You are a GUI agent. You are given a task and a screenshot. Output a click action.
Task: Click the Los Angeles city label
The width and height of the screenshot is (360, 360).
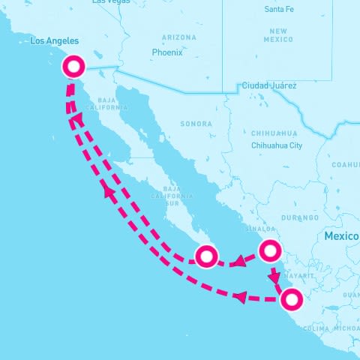pyautogui.click(x=53, y=42)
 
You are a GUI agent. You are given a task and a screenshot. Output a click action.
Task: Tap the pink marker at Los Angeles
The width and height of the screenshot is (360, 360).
pyautogui.click(x=73, y=67)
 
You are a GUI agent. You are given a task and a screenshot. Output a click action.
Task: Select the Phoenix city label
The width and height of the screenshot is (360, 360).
pyautogui.click(x=166, y=52)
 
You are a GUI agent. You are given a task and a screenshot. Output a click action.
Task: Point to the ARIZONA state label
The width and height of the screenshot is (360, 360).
pyautogui.click(x=178, y=37)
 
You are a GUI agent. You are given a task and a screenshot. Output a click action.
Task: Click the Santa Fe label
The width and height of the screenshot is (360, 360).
pyautogui.click(x=280, y=9)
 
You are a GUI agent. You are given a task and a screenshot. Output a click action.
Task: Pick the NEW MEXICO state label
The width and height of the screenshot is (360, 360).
pyautogui.click(x=277, y=34)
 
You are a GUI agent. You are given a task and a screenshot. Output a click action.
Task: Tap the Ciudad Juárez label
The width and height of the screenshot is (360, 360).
pyautogui.click(x=268, y=85)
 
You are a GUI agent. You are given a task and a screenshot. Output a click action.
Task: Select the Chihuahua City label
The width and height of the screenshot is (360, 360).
pyautogui.click(x=277, y=145)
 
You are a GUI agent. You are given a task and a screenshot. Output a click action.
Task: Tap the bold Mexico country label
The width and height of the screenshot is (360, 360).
pyautogui.click(x=341, y=236)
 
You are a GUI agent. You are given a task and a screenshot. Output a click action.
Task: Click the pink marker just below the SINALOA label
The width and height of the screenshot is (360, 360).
pyautogui.click(x=270, y=250)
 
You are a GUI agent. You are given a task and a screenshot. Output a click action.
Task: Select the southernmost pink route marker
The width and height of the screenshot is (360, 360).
pyautogui.click(x=292, y=299)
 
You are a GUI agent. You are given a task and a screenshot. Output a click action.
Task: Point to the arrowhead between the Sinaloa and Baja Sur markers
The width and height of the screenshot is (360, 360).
pyautogui.click(x=237, y=262)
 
